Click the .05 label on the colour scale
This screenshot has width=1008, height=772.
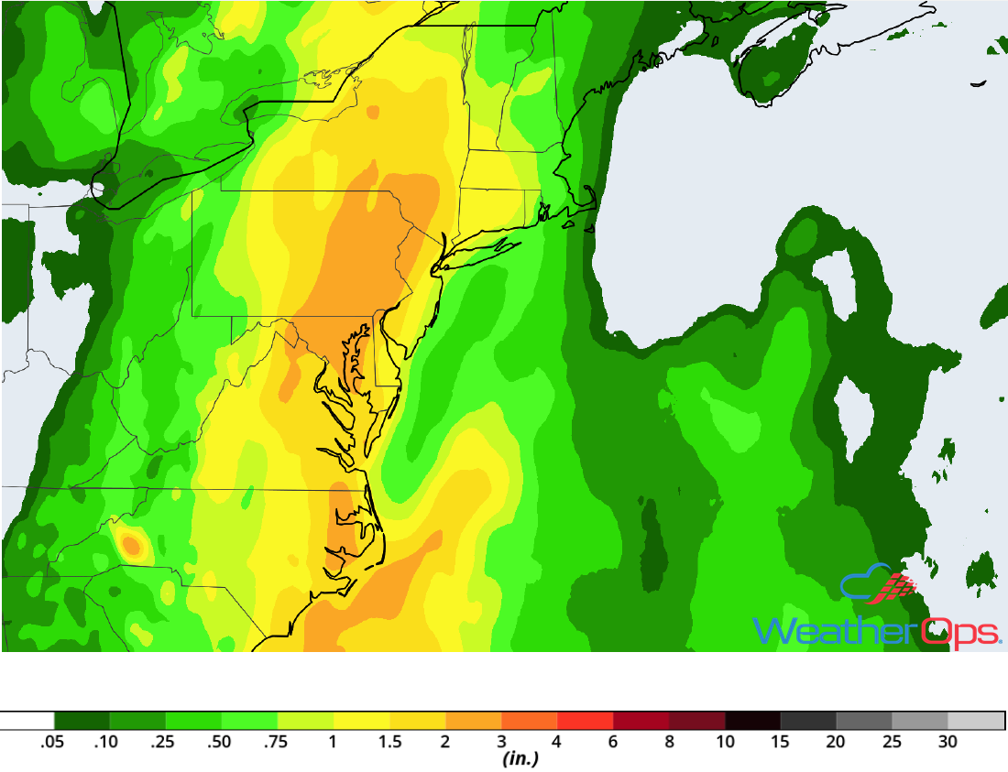[x=51, y=743]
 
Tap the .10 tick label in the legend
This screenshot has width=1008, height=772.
[x=106, y=743]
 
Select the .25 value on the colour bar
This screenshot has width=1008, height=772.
[x=162, y=743]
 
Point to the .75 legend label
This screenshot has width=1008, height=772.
[x=274, y=743]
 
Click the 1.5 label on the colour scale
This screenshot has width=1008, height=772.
[x=390, y=743]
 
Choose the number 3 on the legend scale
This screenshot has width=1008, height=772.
[x=501, y=743]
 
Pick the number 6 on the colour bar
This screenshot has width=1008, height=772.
[x=613, y=743]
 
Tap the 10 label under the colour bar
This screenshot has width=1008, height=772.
[x=725, y=743]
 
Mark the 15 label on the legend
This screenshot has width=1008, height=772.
[x=781, y=743]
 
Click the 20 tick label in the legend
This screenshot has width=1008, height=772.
[x=837, y=743]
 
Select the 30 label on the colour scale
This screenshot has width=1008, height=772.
[x=948, y=743]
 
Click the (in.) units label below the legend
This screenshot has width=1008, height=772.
[x=520, y=760]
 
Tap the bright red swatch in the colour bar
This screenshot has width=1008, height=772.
[x=585, y=720]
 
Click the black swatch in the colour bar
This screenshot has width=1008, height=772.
[x=752, y=720]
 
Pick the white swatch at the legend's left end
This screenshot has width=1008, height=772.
[x=27, y=720]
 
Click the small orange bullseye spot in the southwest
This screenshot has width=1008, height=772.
[x=131, y=547]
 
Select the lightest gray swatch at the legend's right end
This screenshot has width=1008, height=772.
[x=976, y=720]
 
